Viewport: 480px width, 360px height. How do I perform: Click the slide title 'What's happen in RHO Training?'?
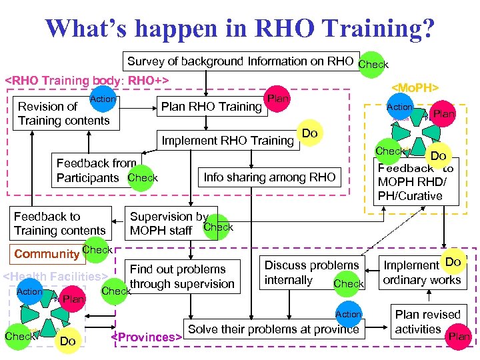click(x=240, y=28)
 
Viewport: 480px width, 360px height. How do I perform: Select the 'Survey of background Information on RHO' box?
click(x=240, y=61)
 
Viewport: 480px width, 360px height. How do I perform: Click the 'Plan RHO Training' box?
click(x=211, y=107)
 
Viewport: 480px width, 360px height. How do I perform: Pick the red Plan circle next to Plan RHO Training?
click(x=277, y=99)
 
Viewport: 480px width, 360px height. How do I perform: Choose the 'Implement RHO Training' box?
click(x=227, y=140)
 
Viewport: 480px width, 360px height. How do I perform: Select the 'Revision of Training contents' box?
click(x=64, y=113)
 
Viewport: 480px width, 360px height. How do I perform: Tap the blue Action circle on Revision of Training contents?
click(x=103, y=99)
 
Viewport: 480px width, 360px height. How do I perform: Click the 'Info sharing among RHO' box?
click(x=269, y=177)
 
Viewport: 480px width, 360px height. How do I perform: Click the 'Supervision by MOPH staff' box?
click(x=170, y=223)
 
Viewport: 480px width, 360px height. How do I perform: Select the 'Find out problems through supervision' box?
click(x=181, y=277)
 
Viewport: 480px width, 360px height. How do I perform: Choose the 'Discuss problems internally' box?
click(x=311, y=273)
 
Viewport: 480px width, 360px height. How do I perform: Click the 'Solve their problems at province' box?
click(x=273, y=329)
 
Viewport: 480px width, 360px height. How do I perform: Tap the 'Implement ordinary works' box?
click(x=421, y=273)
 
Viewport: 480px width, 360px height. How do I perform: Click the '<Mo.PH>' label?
click(x=414, y=87)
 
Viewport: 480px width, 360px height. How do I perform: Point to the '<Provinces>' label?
click(x=146, y=337)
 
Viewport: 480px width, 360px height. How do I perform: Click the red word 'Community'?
click(x=47, y=254)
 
